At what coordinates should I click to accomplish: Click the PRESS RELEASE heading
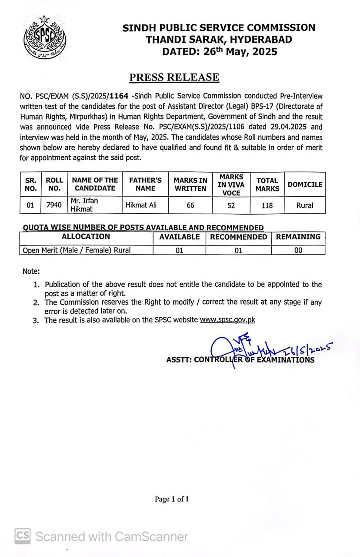(174, 77)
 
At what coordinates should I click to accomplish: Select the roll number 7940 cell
(54, 205)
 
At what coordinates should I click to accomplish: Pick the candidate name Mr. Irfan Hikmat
(83, 205)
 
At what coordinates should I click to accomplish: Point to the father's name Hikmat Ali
(141, 205)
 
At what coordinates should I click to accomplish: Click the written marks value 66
(190, 205)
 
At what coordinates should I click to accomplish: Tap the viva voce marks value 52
(231, 205)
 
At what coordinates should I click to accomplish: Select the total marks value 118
(267, 205)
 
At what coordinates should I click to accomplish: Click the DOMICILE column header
(305, 185)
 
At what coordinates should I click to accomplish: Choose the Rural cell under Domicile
(304, 205)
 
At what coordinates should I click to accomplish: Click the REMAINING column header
(298, 237)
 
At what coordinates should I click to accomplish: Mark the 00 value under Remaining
(298, 250)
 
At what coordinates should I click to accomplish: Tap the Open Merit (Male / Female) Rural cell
(77, 250)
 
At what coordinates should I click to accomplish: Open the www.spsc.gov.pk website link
(227, 320)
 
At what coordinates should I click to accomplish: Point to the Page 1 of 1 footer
(172, 499)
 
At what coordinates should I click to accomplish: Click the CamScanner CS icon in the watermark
(23, 536)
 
